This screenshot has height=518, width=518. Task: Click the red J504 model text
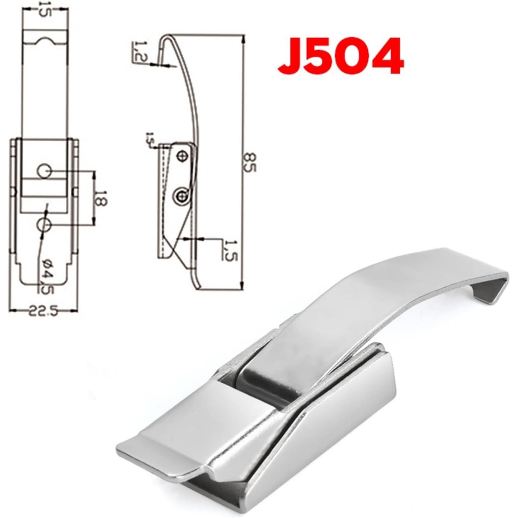tap(340, 57)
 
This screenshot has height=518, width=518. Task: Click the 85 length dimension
tap(249, 161)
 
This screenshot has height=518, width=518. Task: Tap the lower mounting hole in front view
tap(45, 224)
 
